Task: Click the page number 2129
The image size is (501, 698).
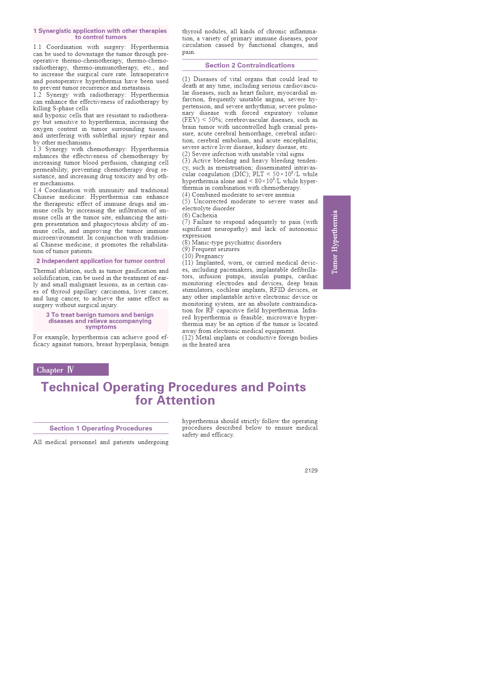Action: [x=311, y=470]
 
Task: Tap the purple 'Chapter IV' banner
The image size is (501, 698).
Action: [x=71, y=370]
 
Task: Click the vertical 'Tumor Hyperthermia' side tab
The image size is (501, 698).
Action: [x=336, y=242]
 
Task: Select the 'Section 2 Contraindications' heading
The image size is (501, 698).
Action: [x=250, y=65]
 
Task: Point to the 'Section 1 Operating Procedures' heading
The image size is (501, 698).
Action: [x=101, y=428]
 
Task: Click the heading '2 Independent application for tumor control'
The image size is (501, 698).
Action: [x=101, y=261]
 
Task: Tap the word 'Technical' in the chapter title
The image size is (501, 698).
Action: [x=70, y=387]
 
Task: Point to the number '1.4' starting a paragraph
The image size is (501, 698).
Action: [x=37, y=190]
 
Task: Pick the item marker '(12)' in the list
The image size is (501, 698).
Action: [x=188, y=337]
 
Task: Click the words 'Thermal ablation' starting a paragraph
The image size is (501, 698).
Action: [x=54, y=271]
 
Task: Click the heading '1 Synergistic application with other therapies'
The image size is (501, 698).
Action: [x=101, y=31]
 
